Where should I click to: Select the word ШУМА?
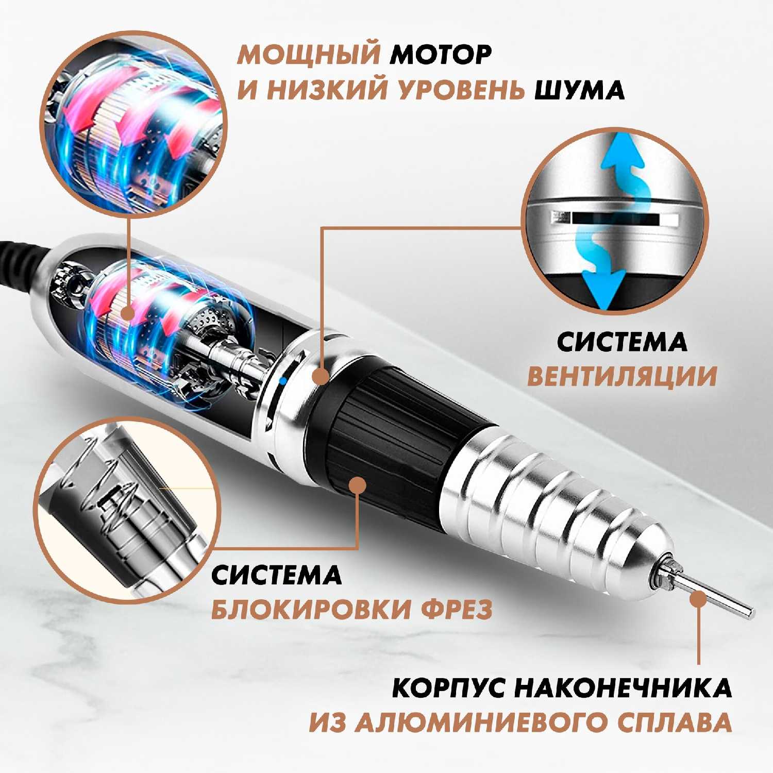click(x=580, y=90)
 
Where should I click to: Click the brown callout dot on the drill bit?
click(x=699, y=599)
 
